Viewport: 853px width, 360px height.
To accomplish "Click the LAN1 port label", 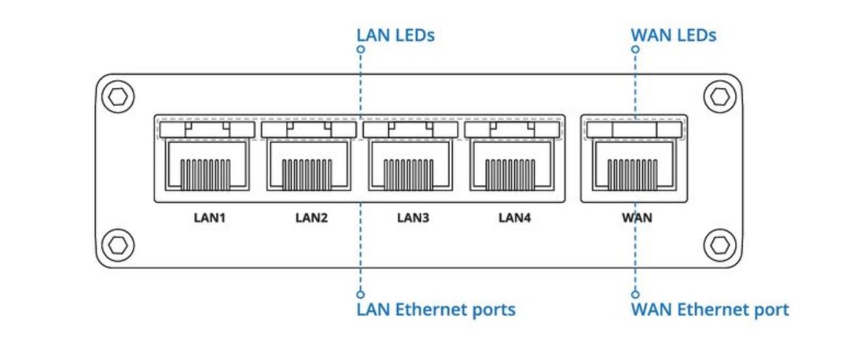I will tap(210, 217).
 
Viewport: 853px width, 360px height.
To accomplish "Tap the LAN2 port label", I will tap(311, 217).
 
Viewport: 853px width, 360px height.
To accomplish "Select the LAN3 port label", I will tap(413, 217).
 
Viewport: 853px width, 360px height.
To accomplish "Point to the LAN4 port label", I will tap(514, 217).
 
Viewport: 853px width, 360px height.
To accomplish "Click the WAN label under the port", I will tap(637, 217).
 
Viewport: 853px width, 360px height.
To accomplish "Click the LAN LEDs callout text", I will tap(395, 35).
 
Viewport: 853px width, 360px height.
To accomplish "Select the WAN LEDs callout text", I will tap(673, 35).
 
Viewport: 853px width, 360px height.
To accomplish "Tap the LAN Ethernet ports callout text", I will tap(436, 309).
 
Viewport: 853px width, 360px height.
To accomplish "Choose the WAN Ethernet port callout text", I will tap(710, 309).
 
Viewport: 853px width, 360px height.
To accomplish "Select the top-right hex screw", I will tap(720, 96).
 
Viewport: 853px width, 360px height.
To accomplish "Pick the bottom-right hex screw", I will tap(720, 245).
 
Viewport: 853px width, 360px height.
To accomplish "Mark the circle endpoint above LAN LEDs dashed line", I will tap(361, 49).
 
